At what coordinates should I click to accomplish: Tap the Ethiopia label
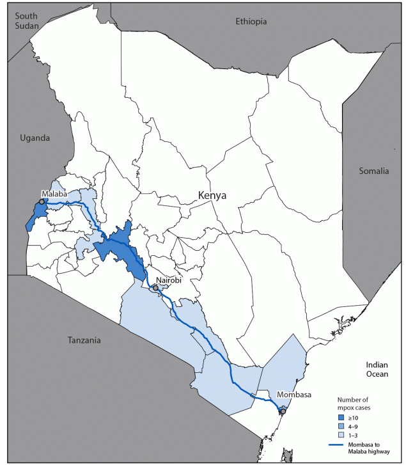point(250,22)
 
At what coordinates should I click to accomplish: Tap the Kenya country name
point(213,195)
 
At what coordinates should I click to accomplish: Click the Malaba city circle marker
point(42,201)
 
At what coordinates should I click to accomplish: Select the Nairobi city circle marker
point(155,288)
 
